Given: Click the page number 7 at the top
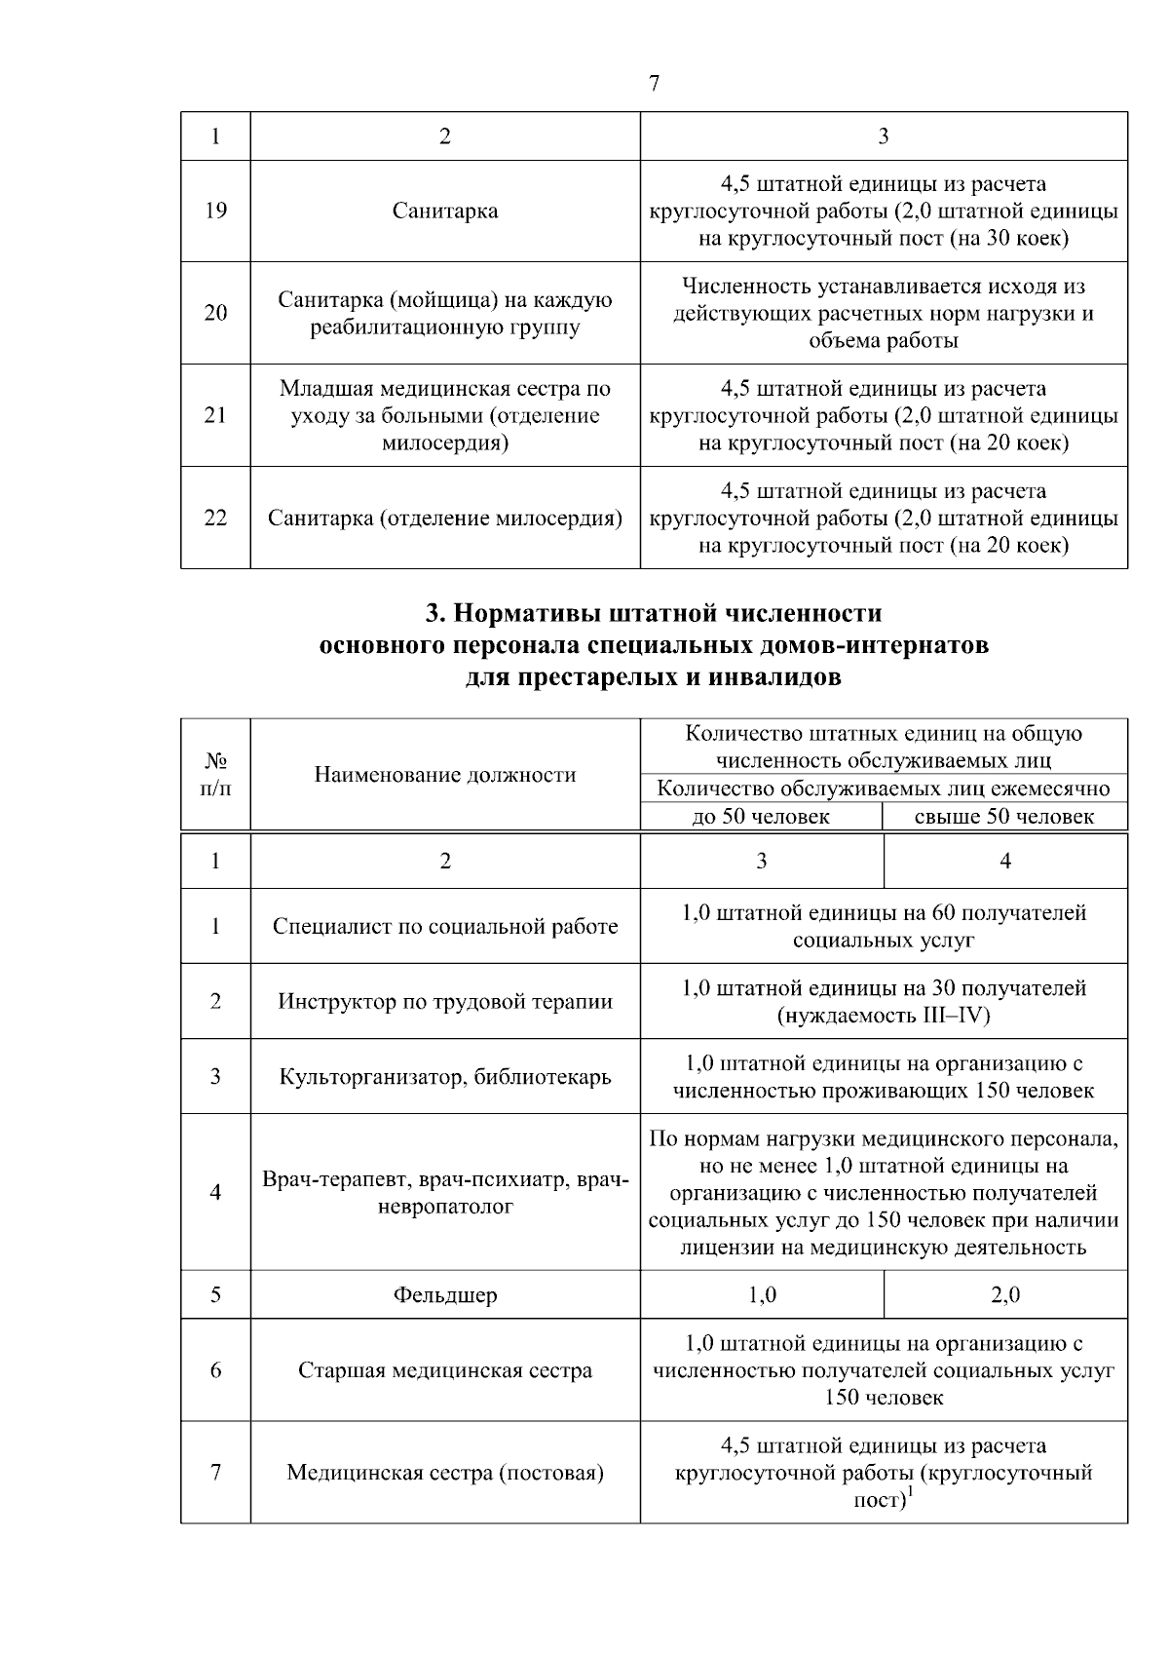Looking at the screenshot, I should (654, 84).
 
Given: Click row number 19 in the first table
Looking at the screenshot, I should (215, 211).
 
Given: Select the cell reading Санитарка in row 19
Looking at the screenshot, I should (445, 211).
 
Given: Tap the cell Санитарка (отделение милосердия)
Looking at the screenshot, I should (445, 518).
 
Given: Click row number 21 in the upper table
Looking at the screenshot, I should (215, 415).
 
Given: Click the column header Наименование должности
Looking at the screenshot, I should (445, 775).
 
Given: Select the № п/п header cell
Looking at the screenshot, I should (215, 774).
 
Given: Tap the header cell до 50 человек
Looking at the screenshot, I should (761, 817).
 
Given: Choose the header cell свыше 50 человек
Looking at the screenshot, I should (1004, 817).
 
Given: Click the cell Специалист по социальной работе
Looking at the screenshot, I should (445, 926).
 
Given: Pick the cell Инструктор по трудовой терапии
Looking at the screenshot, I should (445, 1001).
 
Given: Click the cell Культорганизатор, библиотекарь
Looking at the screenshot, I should (445, 1076).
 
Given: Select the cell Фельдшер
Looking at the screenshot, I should (445, 1294).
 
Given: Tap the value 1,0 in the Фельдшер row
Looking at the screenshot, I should (762, 1294).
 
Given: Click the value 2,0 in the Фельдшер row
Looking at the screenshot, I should (1005, 1294).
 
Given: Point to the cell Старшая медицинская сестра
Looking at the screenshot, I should (445, 1370).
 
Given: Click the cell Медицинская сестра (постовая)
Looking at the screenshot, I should (445, 1473).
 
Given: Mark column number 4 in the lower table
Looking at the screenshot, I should (1005, 861).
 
